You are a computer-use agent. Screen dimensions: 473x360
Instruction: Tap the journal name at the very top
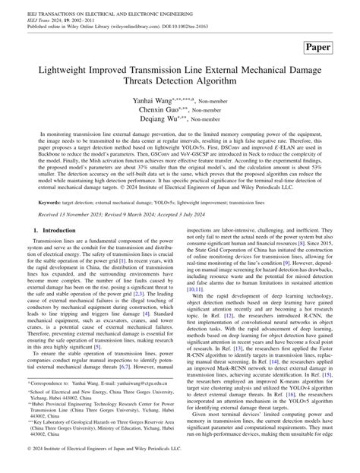(99, 6)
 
